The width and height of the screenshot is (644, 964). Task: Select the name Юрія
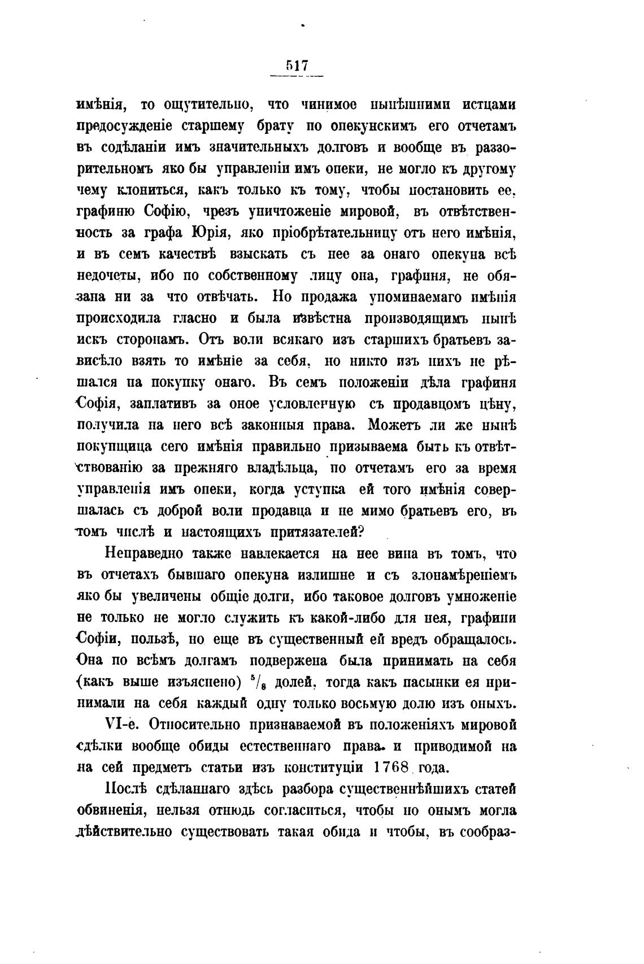208,233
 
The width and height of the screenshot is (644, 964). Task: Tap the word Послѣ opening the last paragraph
124,789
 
